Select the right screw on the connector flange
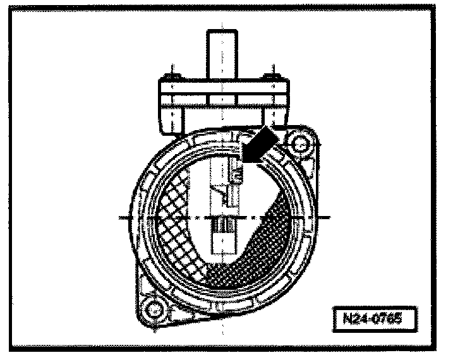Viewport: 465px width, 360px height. click(272, 78)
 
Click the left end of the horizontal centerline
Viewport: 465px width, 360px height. click(121, 217)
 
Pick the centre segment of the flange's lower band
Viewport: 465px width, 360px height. click(222, 99)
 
